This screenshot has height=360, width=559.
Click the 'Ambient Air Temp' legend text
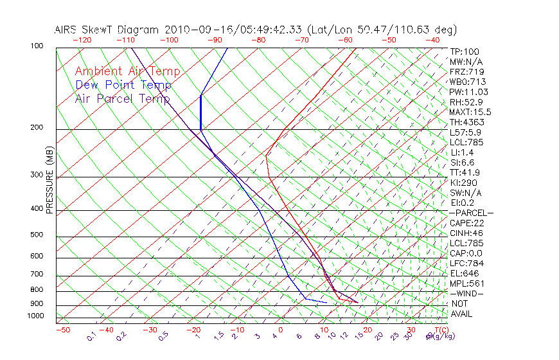[x=127, y=71]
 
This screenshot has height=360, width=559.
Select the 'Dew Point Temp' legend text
[x=123, y=85]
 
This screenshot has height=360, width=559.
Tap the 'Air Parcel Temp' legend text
[x=122, y=98]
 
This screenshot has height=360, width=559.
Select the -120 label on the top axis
[x=82, y=40]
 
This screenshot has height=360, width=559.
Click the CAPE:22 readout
[x=466, y=223]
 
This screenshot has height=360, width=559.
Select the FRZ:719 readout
[x=466, y=71]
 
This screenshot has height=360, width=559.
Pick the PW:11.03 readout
[x=469, y=92]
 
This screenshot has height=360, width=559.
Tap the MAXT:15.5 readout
[x=470, y=112]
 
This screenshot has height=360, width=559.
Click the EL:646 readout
[x=464, y=273]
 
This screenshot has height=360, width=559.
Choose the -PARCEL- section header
[x=471, y=213]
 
